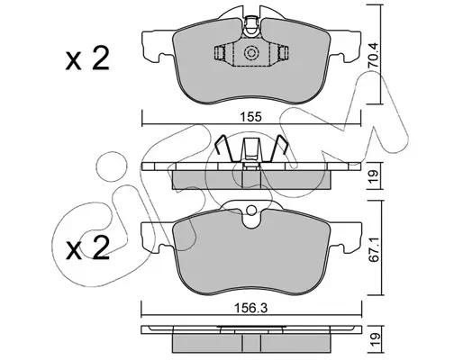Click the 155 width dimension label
click(x=250, y=117)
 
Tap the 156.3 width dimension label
click(x=251, y=308)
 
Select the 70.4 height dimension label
click(x=373, y=56)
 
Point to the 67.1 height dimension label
click(x=374, y=249)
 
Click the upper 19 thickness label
click(x=374, y=177)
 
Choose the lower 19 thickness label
click(x=374, y=339)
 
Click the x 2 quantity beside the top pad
click(x=87, y=58)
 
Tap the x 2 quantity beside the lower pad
click(x=87, y=247)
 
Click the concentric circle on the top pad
click(x=251, y=53)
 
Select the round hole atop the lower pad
click(x=251, y=211)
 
